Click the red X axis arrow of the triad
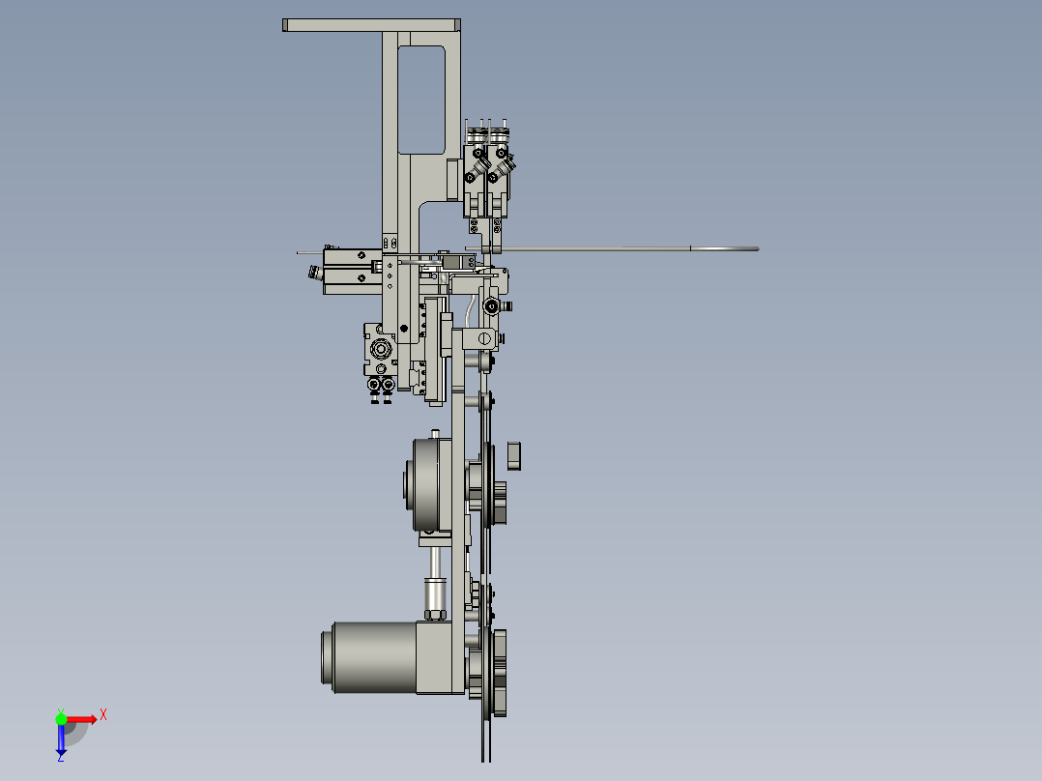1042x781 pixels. [x=83, y=718]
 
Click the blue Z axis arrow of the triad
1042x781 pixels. [x=61, y=740]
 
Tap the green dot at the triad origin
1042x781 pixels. [x=61, y=719]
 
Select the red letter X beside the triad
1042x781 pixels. [x=103, y=714]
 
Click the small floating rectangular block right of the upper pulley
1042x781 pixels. [x=514, y=454]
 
